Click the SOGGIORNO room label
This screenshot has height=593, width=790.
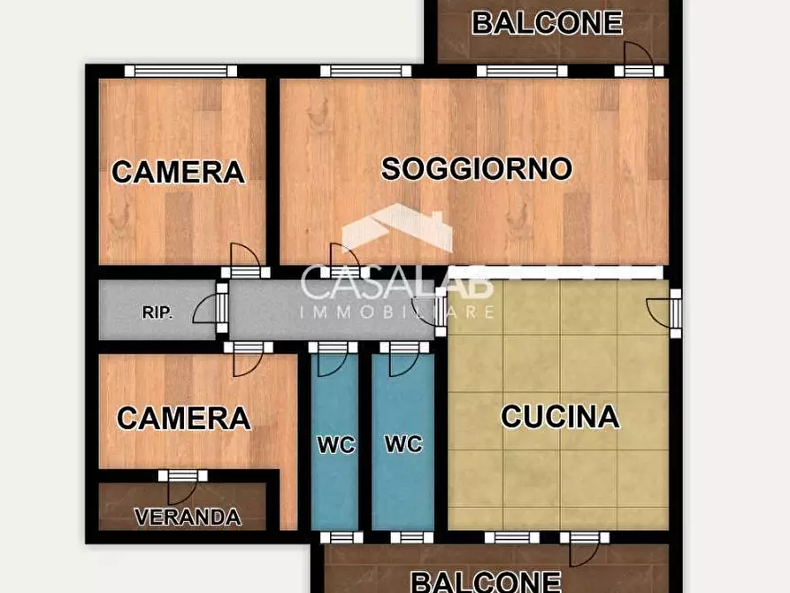476,168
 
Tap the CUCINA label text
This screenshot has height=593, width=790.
559,416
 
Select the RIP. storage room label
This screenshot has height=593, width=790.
157,312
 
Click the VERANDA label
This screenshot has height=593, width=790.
188,517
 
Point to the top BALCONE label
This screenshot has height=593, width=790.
547,22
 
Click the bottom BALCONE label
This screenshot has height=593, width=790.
487,581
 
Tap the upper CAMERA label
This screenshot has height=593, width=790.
178,172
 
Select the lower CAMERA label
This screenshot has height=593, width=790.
183,418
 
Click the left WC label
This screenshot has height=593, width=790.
335,444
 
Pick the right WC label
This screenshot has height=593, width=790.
403,444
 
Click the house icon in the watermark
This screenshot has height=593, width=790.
397,227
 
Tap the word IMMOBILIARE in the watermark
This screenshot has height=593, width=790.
397,312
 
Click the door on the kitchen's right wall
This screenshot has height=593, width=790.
669,312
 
